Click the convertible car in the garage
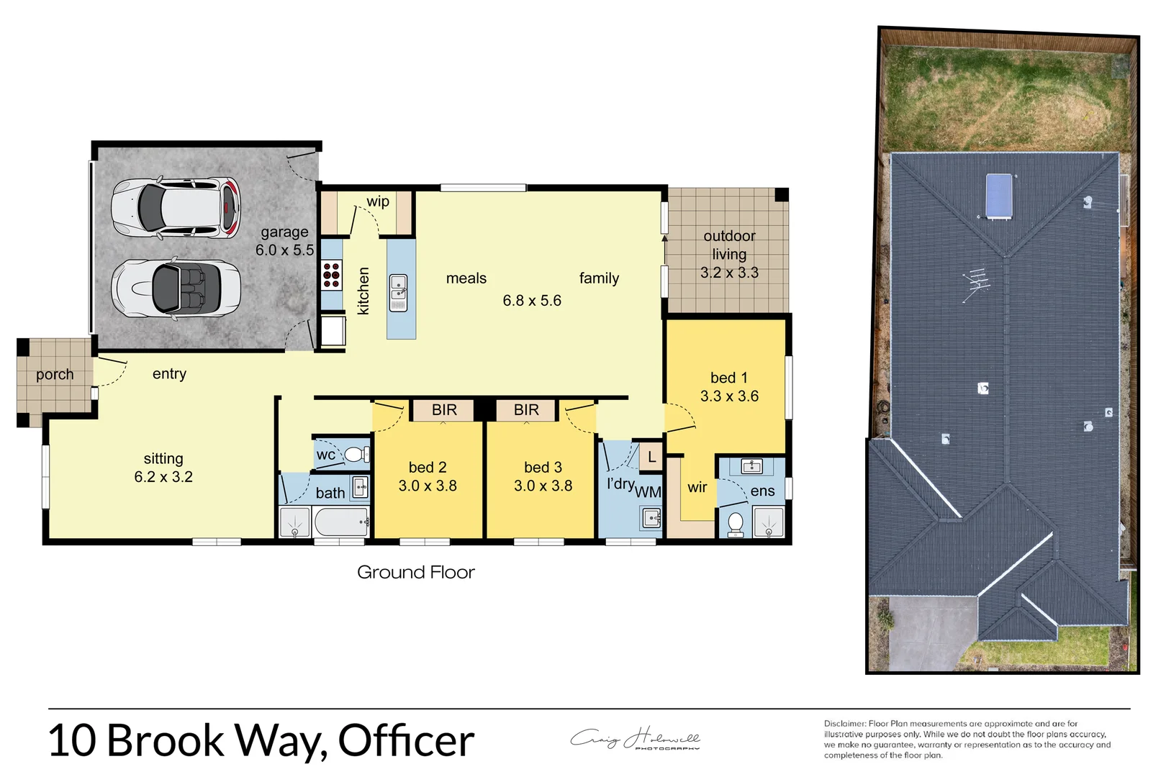[x=176, y=288]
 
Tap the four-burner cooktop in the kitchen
[x=332, y=276]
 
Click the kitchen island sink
[x=398, y=293]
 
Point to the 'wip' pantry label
[x=378, y=202]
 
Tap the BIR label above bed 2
[x=444, y=410]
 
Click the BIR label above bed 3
[x=526, y=410]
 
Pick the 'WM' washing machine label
[x=648, y=492]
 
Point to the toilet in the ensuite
[x=736, y=524]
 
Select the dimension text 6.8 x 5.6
[x=532, y=301]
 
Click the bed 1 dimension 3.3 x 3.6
[x=729, y=396]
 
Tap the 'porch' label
[x=55, y=375]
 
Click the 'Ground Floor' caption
[x=416, y=573]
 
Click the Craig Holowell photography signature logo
[x=636, y=739]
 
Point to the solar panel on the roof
[x=999, y=195]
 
